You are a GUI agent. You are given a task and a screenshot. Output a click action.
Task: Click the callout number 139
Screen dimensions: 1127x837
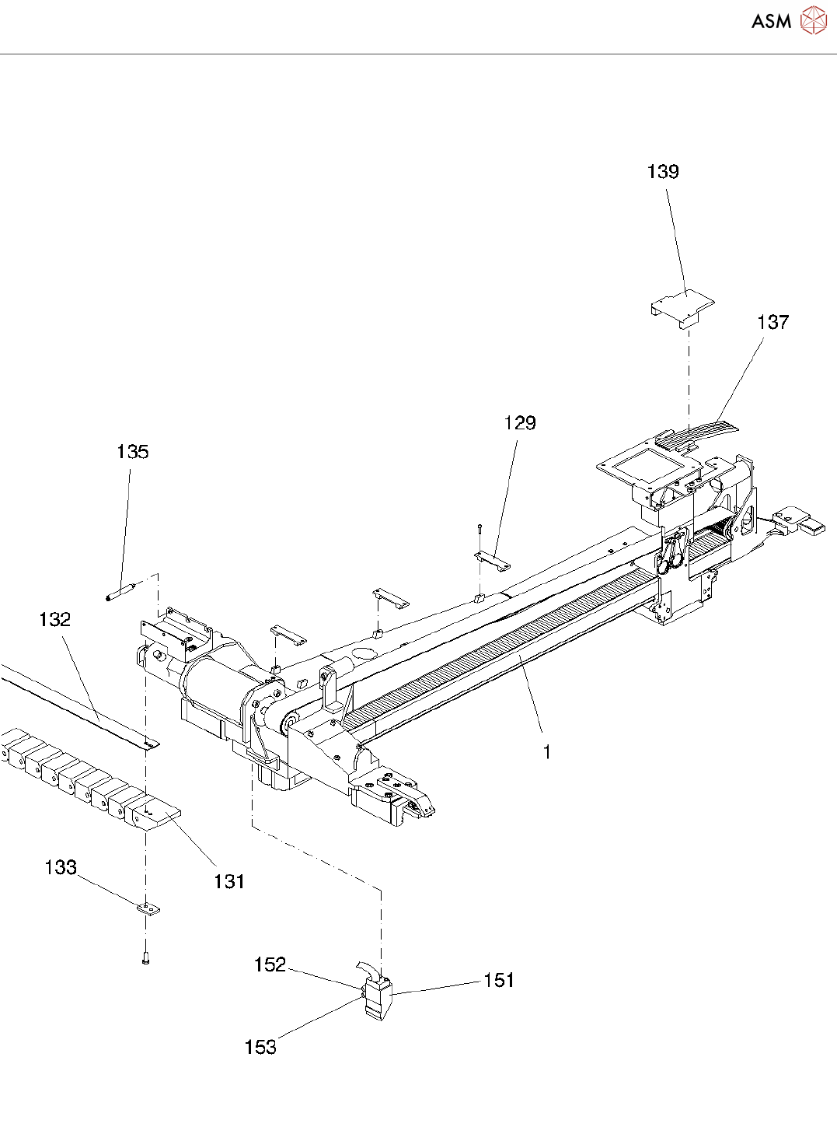point(663,172)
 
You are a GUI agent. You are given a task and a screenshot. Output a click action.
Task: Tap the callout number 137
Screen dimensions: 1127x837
point(772,322)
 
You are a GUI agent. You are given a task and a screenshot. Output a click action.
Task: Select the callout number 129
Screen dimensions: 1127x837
point(520,423)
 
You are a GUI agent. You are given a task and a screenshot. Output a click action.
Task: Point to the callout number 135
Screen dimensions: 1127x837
point(132,452)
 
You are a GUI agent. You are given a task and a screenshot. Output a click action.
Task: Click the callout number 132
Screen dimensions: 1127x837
point(54,620)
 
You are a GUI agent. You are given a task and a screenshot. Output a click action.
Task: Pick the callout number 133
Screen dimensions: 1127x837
point(61,867)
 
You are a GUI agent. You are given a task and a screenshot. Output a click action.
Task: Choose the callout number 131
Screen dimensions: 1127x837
point(229,881)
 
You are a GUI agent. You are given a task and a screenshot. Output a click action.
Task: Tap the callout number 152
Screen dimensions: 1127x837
point(270,965)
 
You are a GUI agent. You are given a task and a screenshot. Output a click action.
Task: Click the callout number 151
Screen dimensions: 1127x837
point(499,981)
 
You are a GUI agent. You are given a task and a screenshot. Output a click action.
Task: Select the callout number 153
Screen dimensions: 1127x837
point(260,1048)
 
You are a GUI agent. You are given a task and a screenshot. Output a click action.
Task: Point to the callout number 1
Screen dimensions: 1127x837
point(547,752)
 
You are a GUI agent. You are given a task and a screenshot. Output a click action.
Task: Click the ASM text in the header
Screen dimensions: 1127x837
point(771,22)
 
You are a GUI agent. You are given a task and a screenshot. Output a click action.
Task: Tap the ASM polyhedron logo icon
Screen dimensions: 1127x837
point(814,20)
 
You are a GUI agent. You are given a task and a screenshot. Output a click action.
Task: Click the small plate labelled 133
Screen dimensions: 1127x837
point(148,908)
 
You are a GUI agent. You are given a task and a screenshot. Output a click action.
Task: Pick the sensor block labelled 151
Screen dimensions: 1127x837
point(378,998)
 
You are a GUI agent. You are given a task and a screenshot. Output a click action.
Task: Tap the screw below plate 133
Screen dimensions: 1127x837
point(145,958)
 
